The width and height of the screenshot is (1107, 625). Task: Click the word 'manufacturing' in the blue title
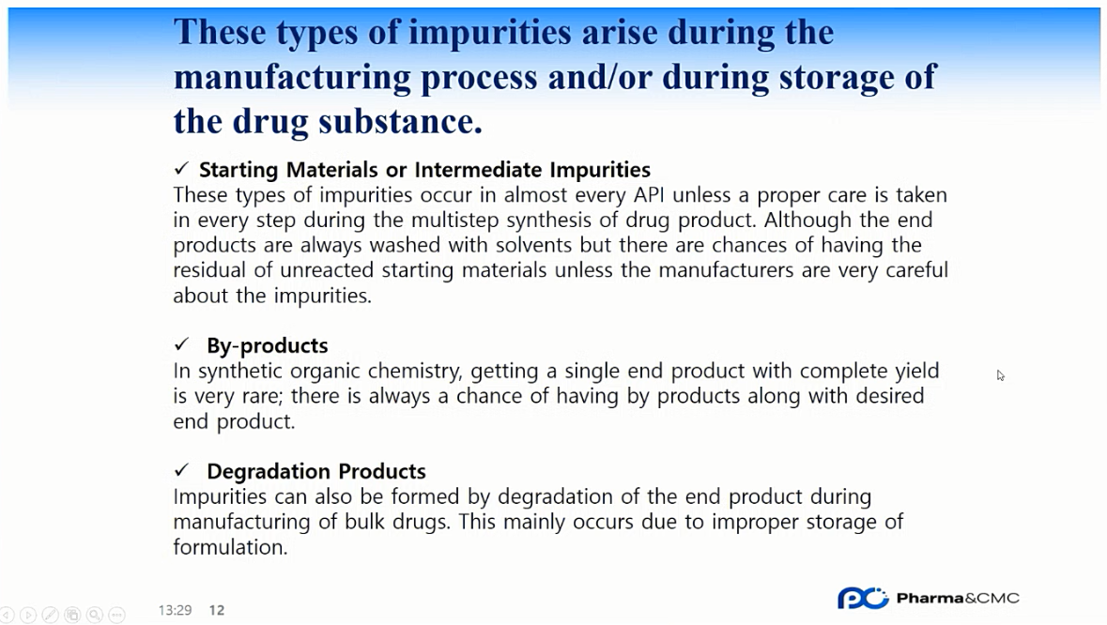click(292, 78)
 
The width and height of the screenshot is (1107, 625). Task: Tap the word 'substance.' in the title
click(400, 121)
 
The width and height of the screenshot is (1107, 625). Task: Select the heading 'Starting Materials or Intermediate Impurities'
click(424, 170)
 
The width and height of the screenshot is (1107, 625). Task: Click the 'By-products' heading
click(268, 345)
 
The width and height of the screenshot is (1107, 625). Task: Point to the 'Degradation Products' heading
click(316, 471)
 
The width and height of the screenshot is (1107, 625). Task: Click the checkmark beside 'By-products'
click(182, 344)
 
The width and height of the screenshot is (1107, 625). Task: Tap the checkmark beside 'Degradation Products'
click(182, 470)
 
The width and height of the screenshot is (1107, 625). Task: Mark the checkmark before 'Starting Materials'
click(182, 168)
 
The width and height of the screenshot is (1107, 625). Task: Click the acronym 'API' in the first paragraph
click(649, 194)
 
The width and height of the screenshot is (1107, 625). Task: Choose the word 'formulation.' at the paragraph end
click(230, 547)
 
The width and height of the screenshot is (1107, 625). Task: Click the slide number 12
click(217, 610)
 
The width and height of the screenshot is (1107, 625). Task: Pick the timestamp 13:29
click(175, 610)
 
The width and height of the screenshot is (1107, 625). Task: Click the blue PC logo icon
click(863, 598)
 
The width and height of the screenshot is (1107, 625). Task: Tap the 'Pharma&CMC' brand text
click(958, 598)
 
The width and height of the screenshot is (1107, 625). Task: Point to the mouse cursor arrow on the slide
click(1000, 375)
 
